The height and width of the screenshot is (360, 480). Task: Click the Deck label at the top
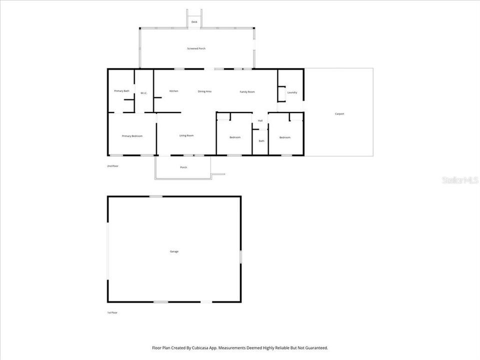pyautogui.click(x=194, y=22)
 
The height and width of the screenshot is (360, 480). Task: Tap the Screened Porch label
pyautogui.click(x=196, y=48)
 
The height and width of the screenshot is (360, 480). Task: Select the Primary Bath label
pyautogui.click(x=121, y=91)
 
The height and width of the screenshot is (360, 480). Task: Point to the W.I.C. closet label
pyautogui.click(x=143, y=93)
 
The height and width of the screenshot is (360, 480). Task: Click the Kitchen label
pyautogui.click(x=174, y=91)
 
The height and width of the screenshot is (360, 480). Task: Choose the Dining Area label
pyautogui.click(x=205, y=91)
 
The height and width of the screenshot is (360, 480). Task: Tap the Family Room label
pyautogui.click(x=247, y=91)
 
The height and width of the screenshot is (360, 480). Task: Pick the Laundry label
pyautogui.click(x=292, y=92)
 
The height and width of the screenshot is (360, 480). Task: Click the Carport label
pyautogui.click(x=339, y=114)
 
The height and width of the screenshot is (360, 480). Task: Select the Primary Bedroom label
pyautogui.click(x=132, y=136)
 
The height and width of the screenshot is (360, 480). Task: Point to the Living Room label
pyautogui.click(x=186, y=135)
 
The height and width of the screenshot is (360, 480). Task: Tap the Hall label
pyautogui.click(x=260, y=121)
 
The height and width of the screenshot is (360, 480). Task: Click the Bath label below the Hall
pyautogui.click(x=261, y=141)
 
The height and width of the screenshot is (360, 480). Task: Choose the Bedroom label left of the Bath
pyautogui.click(x=235, y=137)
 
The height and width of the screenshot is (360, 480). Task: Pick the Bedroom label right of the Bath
pyautogui.click(x=285, y=137)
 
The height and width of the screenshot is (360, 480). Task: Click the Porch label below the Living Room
pyautogui.click(x=183, y=167)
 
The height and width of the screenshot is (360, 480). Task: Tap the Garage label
pyautogui.click(x=174, y=251)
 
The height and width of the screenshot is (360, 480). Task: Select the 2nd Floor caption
pyautogui.click(x=113, y=166)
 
